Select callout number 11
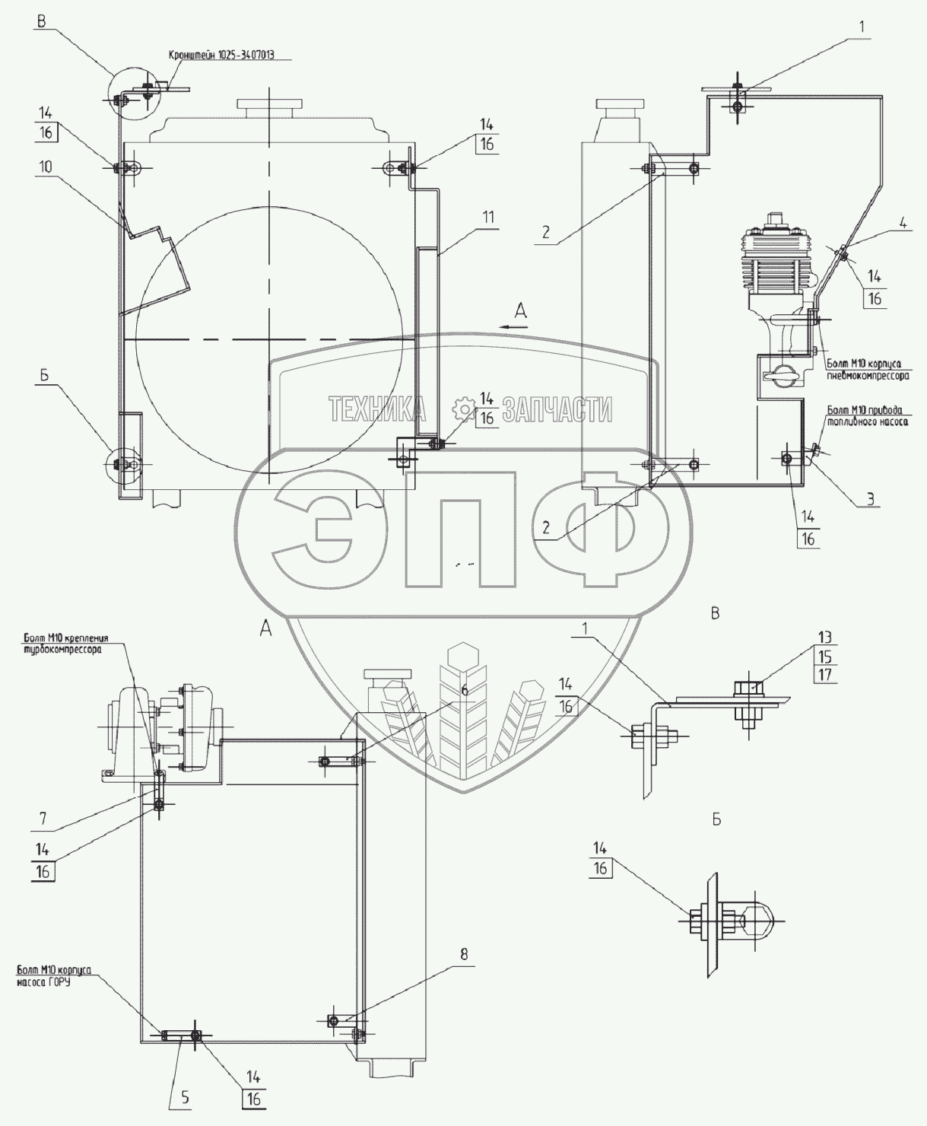[x=487, y=218]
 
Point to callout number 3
[x=871, y=499]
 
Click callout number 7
[x=43, y=819]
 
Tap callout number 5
[x=186, y=1098]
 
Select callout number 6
[x=465, y=689]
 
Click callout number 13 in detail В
[x=826, y=637]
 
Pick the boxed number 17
[x=826, y=675]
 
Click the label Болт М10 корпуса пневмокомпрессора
[x=868, y=370]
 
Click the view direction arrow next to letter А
[x=515, y=326]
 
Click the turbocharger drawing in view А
[x=163, y=723]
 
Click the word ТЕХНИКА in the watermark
[x=377, y=410]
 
